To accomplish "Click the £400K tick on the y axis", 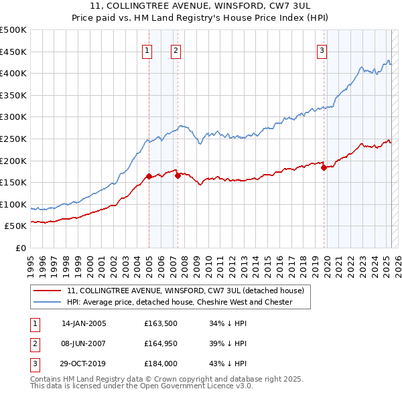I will click(x=14, y=73).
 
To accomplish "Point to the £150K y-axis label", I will click(x=14, y=182).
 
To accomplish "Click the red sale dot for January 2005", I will click(x=149, y=177).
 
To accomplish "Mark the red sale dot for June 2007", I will click(x=178, y=176).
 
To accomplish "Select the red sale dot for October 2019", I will click(x=324, y=168).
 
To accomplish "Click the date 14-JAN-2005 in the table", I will click(x=84, y=323).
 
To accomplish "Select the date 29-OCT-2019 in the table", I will click(x=84, y=364).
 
